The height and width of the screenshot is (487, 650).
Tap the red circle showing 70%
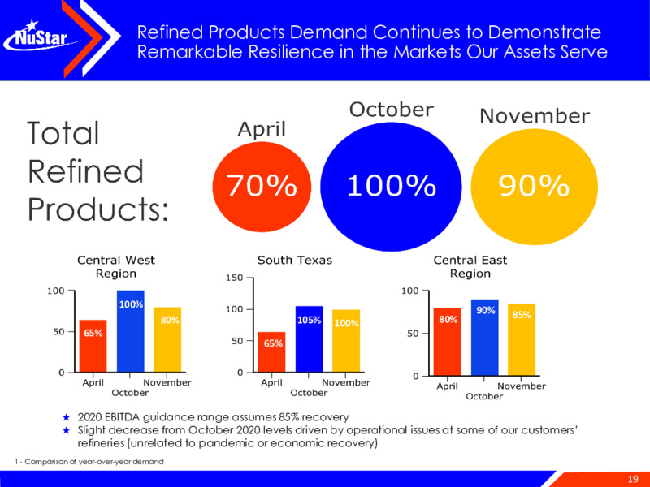[262, 187]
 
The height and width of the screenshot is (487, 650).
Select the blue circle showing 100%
[391, 187]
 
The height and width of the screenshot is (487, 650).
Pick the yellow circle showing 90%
[535, 187]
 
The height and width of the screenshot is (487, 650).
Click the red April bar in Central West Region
[93, 346]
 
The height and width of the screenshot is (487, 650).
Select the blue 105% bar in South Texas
[310, 338]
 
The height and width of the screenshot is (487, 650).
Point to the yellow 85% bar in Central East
[522, 339]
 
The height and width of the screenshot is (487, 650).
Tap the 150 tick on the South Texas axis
[233, 278]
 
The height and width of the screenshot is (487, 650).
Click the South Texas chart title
[295, 260]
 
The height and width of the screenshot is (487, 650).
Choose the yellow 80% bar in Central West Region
[167, 339]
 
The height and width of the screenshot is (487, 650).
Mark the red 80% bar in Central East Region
[447, 342]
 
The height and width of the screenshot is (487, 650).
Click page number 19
[633, 479]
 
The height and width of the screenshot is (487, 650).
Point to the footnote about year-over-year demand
[89, 461]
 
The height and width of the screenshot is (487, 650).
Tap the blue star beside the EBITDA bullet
[66, 417]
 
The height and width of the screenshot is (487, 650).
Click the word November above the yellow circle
[535, 116]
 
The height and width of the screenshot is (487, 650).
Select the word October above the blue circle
[392, 110]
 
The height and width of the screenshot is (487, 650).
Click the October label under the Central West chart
[130, 393]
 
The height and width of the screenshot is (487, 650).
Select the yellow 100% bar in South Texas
[346, 341]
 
